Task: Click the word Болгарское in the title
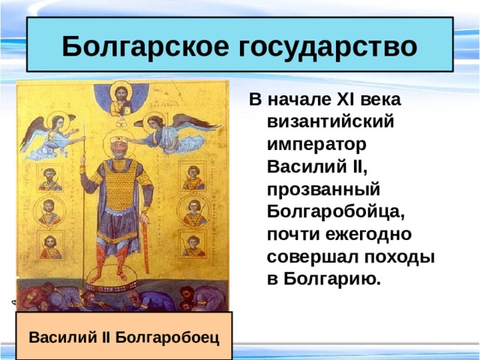[146, 46]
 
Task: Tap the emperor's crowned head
[115, 146]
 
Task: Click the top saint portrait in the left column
[51, 178]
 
